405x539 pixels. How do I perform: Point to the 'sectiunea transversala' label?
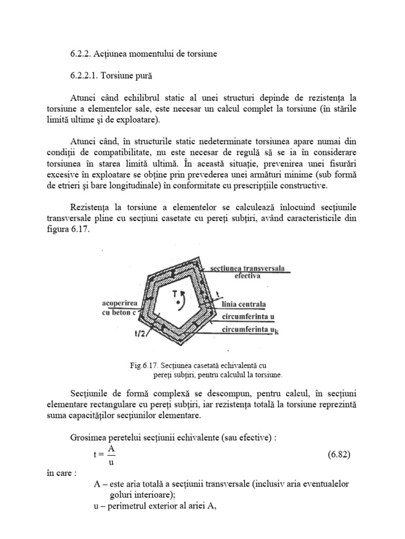pyautogui.click(x=247, y=268)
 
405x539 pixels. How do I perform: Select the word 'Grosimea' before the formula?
pyautogui.click(x=88, y=437)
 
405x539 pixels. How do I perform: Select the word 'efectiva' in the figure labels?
pyautogui.click(x=244, y=276)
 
